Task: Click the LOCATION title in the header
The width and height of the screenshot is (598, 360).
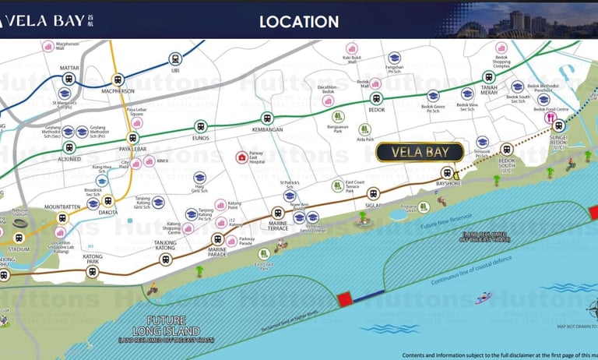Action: (299, 23)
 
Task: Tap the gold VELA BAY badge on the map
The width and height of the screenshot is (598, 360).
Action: (420, 152)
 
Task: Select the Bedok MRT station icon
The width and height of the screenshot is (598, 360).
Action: (377, 98)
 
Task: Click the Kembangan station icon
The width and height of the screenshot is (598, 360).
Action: (267, 118)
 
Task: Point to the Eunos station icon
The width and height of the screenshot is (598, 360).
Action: (201, 125)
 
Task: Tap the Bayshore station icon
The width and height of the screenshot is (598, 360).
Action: (446, 172)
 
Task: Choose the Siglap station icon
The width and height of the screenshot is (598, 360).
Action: (374, 193)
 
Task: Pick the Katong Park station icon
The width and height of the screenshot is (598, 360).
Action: (93, 272)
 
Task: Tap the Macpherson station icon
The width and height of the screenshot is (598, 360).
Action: (118, 79)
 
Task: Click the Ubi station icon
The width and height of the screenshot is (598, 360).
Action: (175, 58)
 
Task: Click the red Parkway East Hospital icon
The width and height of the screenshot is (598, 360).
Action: (241, 157)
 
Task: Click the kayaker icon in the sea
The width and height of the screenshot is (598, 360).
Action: (484, 297)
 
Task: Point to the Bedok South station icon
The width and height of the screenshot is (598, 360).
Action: (507, 148)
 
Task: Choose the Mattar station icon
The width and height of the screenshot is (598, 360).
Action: (69, 79)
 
